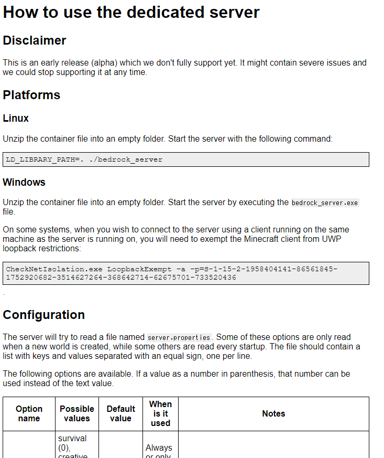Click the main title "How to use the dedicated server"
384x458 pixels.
131,12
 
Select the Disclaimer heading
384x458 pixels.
35,40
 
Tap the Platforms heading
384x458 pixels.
31,95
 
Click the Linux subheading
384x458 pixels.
16,119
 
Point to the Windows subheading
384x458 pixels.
24,183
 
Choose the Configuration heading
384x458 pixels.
44,315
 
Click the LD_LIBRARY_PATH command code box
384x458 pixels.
186,159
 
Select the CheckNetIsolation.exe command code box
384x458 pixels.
186,273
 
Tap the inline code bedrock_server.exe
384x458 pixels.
325,203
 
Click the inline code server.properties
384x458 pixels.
179,337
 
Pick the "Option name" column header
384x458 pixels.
29,413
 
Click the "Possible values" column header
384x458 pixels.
77,413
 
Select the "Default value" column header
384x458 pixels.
120,413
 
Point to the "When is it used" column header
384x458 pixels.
160,413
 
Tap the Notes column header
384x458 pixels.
273,414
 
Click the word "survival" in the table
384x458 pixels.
72,438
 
